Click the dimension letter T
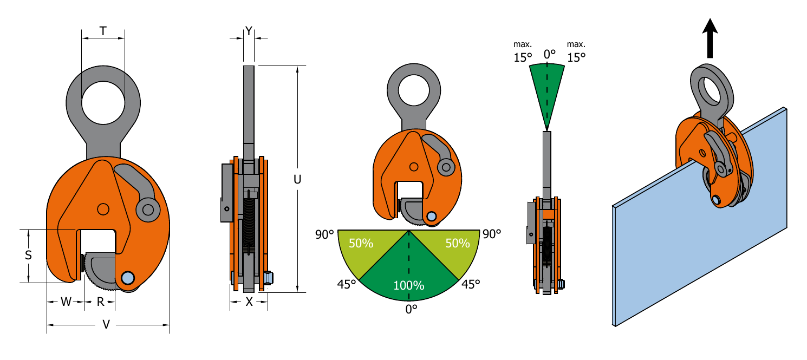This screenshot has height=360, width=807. click(103, 31)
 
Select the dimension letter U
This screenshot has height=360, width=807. click(297, 179)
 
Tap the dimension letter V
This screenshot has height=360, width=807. click(106, 325)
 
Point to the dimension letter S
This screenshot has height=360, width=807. click(29, 255)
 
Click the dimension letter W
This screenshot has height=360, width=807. click(66, 302)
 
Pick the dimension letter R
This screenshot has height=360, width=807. click(101, 302)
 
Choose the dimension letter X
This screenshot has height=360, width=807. click(249, 302)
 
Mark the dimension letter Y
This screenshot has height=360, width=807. click(249, 31)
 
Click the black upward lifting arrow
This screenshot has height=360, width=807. click(710, 38)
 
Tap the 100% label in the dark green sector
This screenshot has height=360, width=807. click(408, 285)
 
